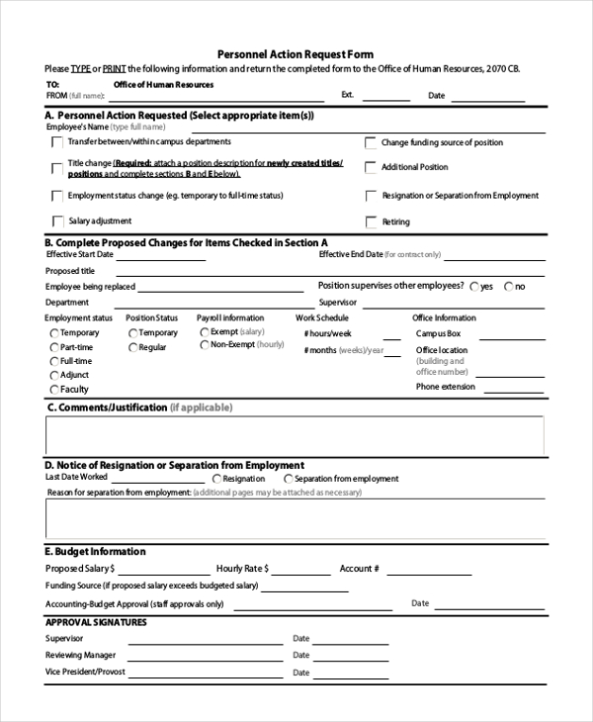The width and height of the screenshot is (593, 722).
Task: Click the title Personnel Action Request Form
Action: (x=295, y=53)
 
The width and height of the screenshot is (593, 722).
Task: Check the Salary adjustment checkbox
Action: (x=58, y=222)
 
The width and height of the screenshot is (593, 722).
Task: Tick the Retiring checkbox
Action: (x=372, y=223)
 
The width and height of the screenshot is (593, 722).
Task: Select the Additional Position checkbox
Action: (x=372, y=168)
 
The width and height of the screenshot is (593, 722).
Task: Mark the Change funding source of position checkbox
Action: (x=372, y=143)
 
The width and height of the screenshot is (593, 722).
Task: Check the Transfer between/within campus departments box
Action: (x=58, y=142)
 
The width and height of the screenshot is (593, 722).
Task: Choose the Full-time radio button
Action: (x=53, y=361)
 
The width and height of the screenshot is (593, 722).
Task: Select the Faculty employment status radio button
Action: (x=53, y=389)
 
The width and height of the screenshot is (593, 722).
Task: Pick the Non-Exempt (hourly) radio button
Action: (x=204, y=345)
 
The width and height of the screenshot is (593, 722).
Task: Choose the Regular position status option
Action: (x=132, y=347)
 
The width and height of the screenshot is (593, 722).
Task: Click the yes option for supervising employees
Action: (x=473, y=287)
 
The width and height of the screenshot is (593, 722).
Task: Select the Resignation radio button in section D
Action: (x=217, y=479)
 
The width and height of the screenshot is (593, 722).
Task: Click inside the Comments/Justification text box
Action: (x=295, y=435)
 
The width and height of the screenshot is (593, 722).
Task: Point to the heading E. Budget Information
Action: (x=95, y=551)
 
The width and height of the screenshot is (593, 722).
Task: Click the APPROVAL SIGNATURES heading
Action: (x=96, y=622)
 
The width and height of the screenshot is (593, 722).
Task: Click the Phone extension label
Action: (x=445, y=387)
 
